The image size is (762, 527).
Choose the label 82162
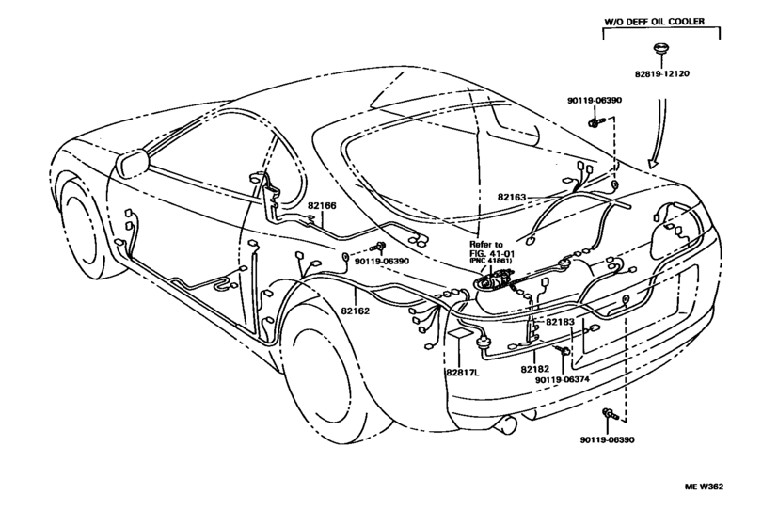pos(355,310)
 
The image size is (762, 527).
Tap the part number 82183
pos(560,322)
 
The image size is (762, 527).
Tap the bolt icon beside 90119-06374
pos(563,352)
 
